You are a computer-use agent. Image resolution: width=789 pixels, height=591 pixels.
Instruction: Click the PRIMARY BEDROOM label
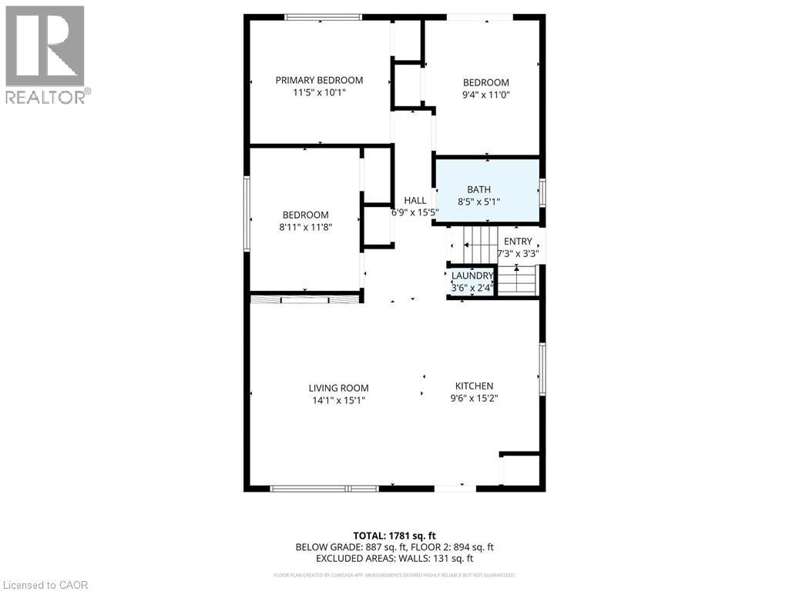[x=319, y=80]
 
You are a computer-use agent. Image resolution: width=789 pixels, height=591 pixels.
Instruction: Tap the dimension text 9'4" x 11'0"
[x=485, y=95]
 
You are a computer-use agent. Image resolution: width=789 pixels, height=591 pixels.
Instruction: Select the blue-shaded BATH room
[x=487, y=191]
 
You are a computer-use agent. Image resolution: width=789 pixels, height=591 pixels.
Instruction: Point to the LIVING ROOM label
[x=338, y=388]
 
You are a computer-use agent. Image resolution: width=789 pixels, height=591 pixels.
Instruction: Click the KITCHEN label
[x=474, y=386]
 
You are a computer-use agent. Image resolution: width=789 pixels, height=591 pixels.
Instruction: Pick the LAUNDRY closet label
[x=472, y=275]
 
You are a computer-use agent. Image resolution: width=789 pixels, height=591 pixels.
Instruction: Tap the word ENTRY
[x=518, y=241]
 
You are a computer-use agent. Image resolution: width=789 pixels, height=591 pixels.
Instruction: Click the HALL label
[x=415, y=200]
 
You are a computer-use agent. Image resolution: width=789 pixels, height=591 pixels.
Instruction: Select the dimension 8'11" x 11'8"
[x=305, y=227]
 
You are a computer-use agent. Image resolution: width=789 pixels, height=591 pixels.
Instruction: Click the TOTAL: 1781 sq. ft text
[x=394, y=536]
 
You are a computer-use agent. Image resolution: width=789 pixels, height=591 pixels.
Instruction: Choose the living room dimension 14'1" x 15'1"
[x=338, y=400]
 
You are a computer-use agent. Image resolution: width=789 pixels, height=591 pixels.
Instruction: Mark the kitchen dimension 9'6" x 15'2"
[x=474, y=398]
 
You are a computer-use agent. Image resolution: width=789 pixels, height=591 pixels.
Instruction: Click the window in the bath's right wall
[x=542, y=192]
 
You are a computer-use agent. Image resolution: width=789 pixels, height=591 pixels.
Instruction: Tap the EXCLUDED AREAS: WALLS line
[x=394, y=559]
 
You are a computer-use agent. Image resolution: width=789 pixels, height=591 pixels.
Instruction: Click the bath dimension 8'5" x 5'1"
[x=478, y=202]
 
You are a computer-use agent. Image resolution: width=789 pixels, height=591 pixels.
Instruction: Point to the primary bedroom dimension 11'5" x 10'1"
[x=319, y=93]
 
